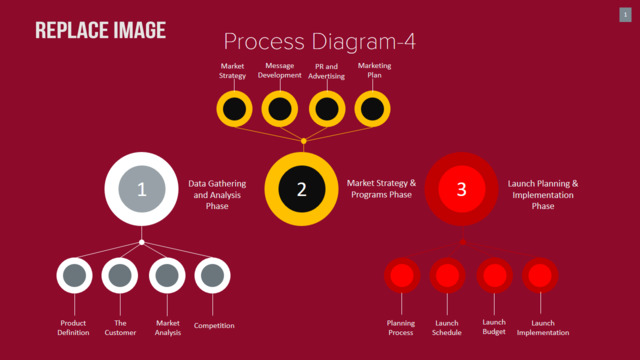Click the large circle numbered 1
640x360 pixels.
click(x=141, y=189)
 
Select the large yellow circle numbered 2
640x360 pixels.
click(x=302, y=189)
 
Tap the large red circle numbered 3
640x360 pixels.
click(x=462, y=189)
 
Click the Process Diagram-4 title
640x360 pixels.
click(x=320, y=42)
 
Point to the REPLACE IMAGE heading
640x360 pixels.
click(x=100, y=30)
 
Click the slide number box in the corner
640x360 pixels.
click(x=625, y=15)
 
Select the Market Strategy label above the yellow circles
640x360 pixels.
click(x=232, y=71)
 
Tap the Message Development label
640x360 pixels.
click(x=280, y=70)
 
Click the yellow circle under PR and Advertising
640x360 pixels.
click(x=327, y=109)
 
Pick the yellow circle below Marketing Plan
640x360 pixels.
click(x=372, y=109)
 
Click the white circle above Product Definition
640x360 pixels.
click(x=74, y=276)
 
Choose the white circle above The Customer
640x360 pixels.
click(x=120, y=276)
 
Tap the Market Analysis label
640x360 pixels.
click(x=168, y=328)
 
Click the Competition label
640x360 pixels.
click(x=214, y=325)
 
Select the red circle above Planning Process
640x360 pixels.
click(x=402, y=276)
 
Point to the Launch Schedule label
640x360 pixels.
click(x=447, y=328)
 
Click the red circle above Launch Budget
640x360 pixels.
click(x=495, y=276)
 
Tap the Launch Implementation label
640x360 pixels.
click(x=543, y=328)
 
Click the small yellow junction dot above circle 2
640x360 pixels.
click(x=304, y=141)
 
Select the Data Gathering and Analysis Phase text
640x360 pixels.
click(x=217, y=195)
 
